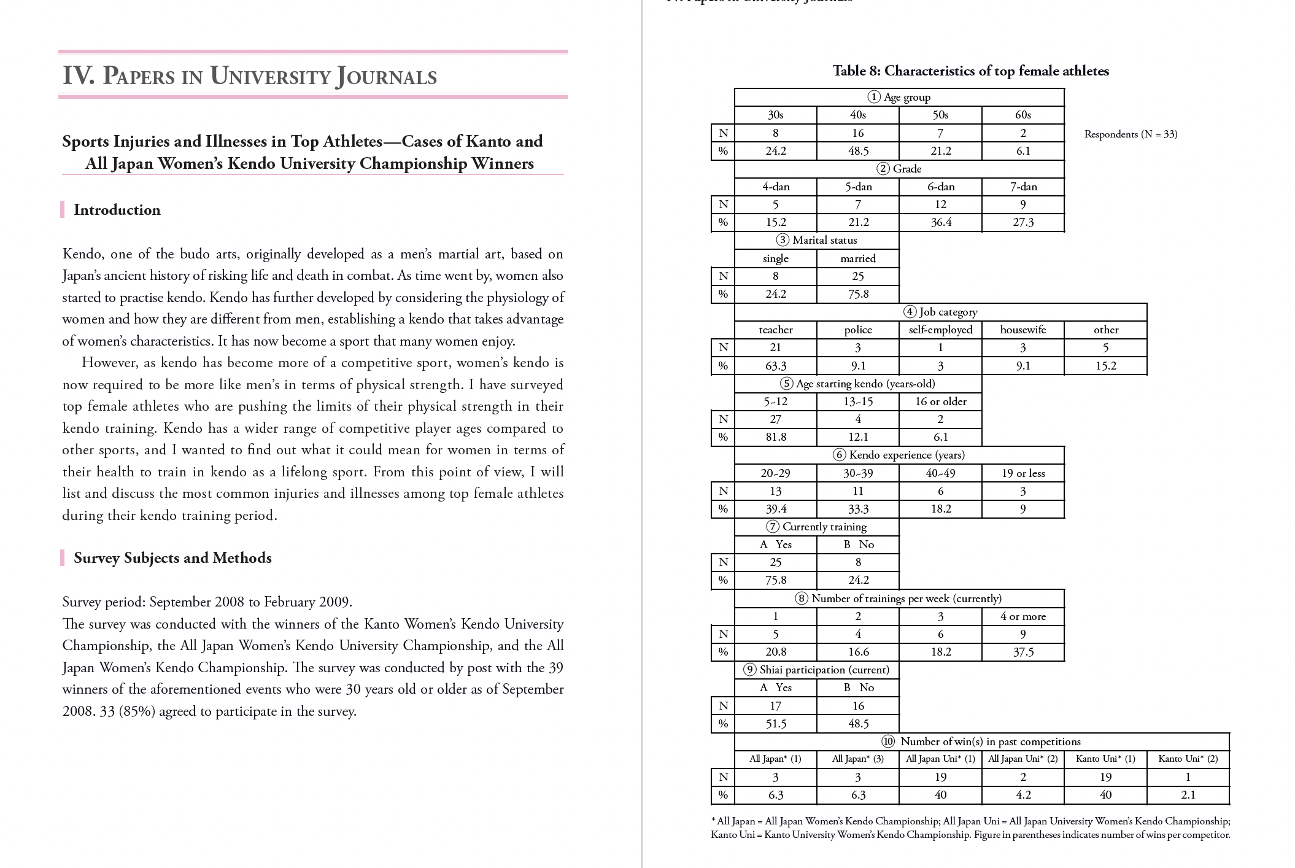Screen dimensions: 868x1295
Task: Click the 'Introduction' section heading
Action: (117, 210)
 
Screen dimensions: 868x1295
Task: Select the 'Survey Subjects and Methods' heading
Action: (172, 558)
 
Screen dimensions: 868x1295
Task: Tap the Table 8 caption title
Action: (970, 71)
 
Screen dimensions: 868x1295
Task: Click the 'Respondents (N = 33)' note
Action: (1131, 134)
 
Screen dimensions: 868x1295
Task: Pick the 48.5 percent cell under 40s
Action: (857, 151)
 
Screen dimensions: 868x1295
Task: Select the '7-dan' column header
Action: (1022, 187)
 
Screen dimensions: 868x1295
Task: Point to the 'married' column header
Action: (857, 258)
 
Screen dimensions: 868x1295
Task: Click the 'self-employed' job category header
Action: (940, 330)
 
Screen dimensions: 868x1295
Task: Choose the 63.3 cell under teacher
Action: (775, 366)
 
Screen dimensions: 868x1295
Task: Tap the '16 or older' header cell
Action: (940, 401)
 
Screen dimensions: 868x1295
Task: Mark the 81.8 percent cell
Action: (775, 437)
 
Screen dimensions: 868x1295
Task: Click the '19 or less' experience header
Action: (1022, 473)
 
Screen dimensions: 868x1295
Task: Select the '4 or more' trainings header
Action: (1022, 616)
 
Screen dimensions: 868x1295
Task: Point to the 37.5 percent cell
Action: (1022, 652)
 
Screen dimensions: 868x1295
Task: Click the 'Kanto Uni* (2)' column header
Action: (1188, 759)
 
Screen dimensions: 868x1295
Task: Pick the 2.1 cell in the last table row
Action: (1188, 795)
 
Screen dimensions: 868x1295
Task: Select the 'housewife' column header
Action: (1022, 330)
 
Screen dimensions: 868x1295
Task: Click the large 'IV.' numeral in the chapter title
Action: (79, 76)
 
